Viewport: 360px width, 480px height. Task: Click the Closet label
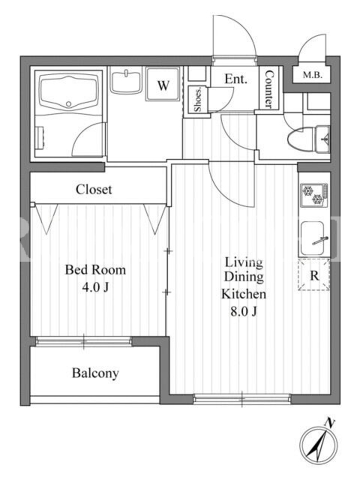pyautogui.click(x=94, y=190)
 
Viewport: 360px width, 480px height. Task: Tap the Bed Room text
pyautogui.click(x=95, y=269)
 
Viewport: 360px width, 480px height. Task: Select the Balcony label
pyautogui.click(x=95, y=373)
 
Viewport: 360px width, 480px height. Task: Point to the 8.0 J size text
pyautogui.click(x=244, y=311)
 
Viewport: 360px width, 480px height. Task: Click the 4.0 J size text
pyautogui.click(x=95, y=287)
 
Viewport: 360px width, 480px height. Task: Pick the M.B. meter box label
pyautogui.click(x=312, y=74)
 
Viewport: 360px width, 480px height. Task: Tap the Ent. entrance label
pyautogui.click(x=236, y=79)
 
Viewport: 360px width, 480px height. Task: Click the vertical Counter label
pyautogui.click(x=269, y=89)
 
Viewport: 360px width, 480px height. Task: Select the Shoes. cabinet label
pyautogui.click(x=198, y=100)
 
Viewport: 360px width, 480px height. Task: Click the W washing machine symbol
pyautogui.click(x=163, y=85)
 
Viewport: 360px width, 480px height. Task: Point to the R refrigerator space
pyautogui.click(x=314, y=275)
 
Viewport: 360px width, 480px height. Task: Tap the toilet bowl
pyautogui.click(x=302, y=140)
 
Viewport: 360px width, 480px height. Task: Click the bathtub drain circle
pyautogui.click(x=69, y=104)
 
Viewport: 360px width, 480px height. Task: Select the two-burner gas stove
pyautogui.click(x=314, y=195)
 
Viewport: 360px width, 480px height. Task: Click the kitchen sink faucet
pyautogui.click(x=320, y=241)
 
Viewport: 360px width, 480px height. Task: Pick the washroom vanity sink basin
pyautogui.click(x=126, y=80)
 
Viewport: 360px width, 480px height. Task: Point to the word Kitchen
pyautogui.click(x=244, y=294)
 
